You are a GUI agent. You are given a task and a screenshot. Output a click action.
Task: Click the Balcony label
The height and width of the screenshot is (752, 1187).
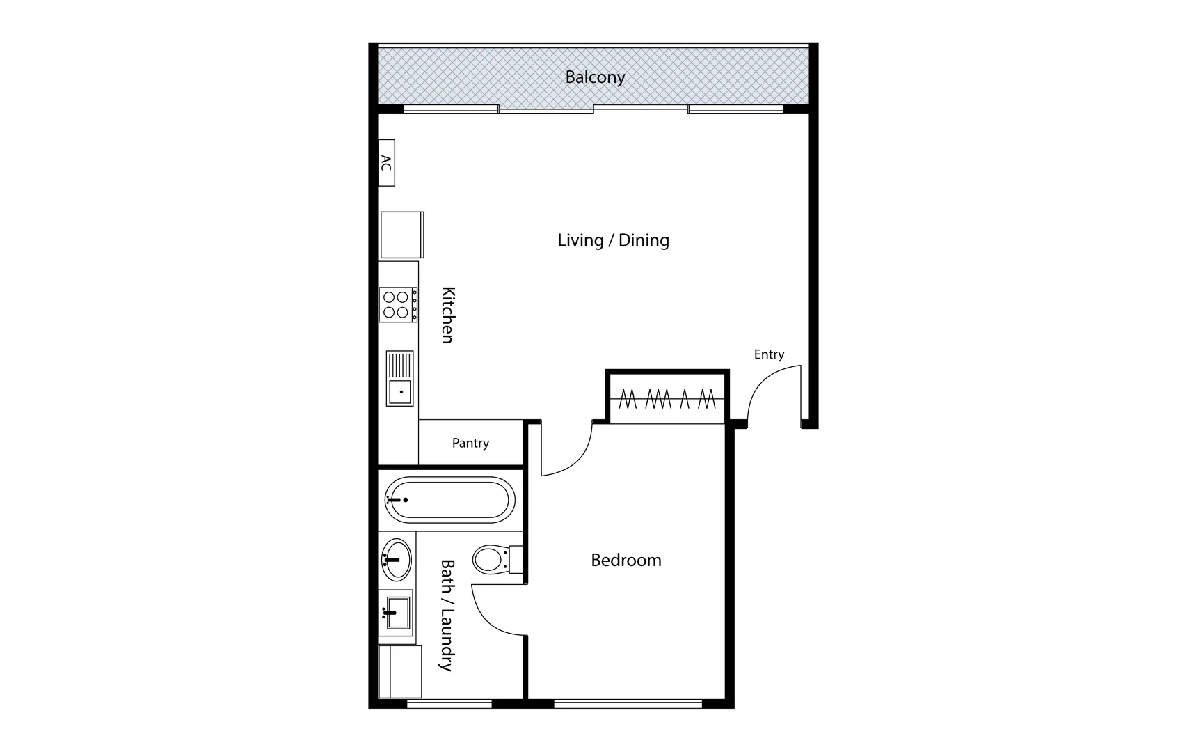pos(594,77)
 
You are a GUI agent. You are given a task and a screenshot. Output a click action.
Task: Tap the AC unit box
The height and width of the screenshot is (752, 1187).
pos(386,163)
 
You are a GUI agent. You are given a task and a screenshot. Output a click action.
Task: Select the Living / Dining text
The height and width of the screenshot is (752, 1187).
pos(613,240)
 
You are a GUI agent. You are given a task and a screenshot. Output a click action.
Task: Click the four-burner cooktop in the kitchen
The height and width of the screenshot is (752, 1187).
pos(398,305)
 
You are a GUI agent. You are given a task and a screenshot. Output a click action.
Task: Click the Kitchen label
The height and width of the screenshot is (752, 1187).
pos(447,315)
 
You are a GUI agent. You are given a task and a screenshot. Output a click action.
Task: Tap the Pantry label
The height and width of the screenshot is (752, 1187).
pos(470,443)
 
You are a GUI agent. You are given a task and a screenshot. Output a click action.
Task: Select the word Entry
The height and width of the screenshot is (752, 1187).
pos(769,354)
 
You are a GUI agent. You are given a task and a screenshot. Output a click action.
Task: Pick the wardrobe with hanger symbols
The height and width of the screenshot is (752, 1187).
pos(667,398)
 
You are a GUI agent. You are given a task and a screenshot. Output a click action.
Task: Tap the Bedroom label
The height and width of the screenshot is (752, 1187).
pos(626,561)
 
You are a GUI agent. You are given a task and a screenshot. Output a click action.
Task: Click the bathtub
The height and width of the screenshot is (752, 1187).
pos(449,500)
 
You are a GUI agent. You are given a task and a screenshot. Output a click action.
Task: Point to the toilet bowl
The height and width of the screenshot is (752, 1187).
pos(491,559)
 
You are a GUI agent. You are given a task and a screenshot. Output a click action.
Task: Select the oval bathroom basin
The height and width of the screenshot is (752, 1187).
pos(397,559)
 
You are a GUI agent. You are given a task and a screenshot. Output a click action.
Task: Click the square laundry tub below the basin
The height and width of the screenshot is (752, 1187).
pos(398,613)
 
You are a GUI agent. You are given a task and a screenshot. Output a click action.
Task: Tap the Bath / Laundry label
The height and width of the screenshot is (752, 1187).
pos(447,615)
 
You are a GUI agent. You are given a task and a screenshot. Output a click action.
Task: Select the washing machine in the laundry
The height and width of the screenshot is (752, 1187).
pos(400,671)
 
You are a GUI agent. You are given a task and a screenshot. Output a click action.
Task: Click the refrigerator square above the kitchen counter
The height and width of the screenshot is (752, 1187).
pos(401,235)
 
